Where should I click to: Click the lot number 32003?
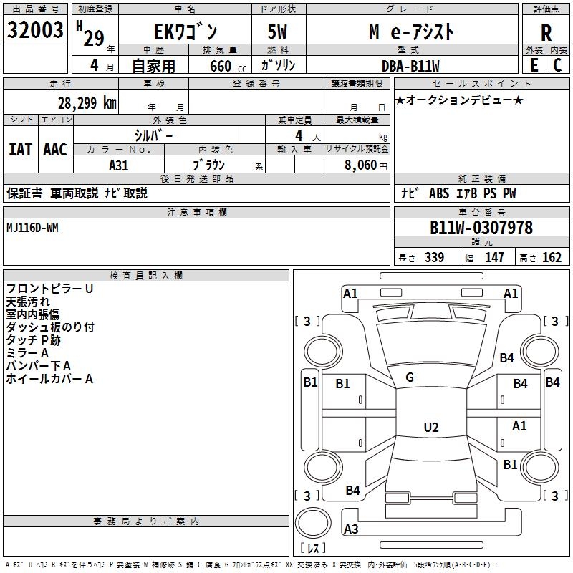coord(35,29)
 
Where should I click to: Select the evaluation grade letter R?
coord(546,33)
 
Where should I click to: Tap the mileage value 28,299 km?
coord(87,103)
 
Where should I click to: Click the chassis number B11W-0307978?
coord(481,228)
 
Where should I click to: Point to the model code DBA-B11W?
coord(410,66)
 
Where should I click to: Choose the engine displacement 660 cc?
coord(228,67)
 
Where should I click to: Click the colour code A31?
coord(118,165)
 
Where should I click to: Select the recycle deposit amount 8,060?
coord(360,165)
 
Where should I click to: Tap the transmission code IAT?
coord(21,150)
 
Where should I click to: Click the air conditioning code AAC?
coord(55,150)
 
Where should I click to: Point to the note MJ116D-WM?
coord(32,228)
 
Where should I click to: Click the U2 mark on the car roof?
coord(431,427)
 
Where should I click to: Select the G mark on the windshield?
coord(410,377)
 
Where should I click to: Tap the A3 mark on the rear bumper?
coord(351,529)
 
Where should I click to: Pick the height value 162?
coord(552,257)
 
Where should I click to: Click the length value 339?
coord(435,257)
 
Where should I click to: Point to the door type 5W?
coord(277,32)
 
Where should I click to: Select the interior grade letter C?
coord(558,65)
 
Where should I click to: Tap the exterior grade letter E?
coord(534,65)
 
